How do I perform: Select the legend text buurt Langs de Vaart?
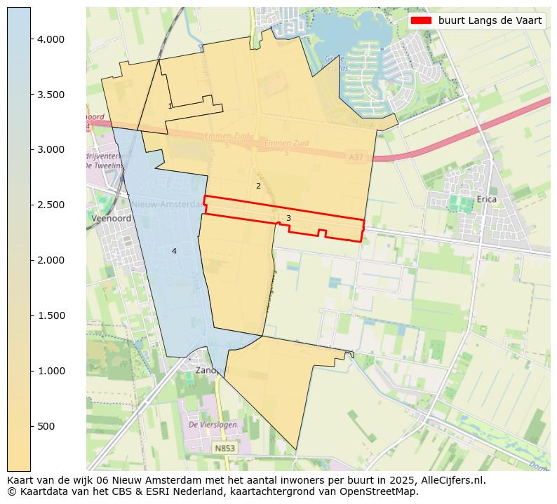(x=490, y=20)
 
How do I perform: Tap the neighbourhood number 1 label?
(x=170, y=107)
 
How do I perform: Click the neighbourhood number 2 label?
(x=258, y=186)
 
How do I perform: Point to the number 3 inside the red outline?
(x=288, y=219)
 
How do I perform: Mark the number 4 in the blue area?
(x=174, y=251)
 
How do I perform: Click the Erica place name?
(x=486, y=200)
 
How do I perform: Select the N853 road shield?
(x=225, y=448)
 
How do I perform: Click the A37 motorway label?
(x=356, y=158)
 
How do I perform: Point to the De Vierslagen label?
(x=213, y=425)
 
